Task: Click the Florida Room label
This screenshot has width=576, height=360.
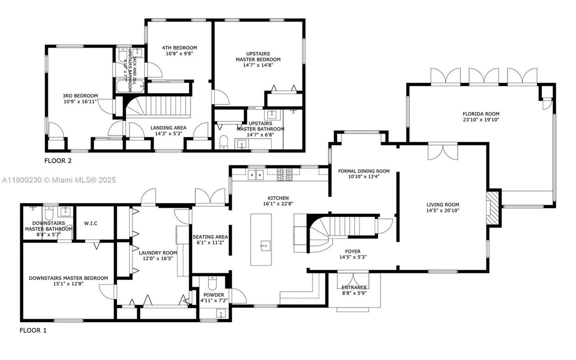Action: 480,113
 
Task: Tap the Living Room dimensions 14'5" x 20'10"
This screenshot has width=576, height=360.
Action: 442,211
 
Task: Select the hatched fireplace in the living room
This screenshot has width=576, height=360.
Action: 493,207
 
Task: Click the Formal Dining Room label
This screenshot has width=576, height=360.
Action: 363,171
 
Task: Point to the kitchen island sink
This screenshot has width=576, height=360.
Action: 263,245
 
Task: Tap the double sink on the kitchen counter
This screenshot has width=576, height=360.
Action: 256,174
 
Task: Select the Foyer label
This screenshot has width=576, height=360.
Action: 352,251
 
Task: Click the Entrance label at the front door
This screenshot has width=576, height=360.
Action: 354,287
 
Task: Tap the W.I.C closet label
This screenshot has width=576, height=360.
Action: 90,223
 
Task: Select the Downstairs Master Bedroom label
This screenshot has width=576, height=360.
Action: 68,278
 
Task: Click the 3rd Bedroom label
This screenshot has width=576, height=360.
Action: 80,95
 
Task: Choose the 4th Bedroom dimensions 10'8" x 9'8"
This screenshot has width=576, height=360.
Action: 179,54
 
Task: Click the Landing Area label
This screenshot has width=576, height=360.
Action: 168,127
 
